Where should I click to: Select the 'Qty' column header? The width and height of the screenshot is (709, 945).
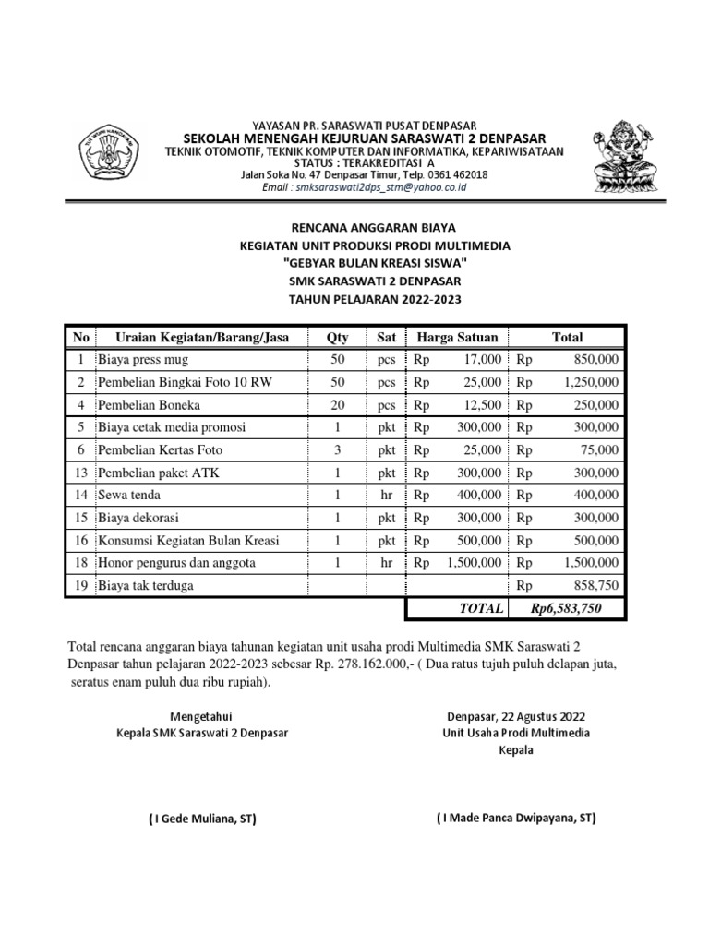coord(337,338)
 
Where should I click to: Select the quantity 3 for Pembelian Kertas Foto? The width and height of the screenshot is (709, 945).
coord(337,450)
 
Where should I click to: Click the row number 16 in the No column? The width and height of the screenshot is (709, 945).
coord(80,540)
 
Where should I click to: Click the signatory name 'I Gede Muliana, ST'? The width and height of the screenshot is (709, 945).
coord(203,819)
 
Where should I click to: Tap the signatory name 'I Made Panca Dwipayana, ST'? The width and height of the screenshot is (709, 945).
coord(516,818)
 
